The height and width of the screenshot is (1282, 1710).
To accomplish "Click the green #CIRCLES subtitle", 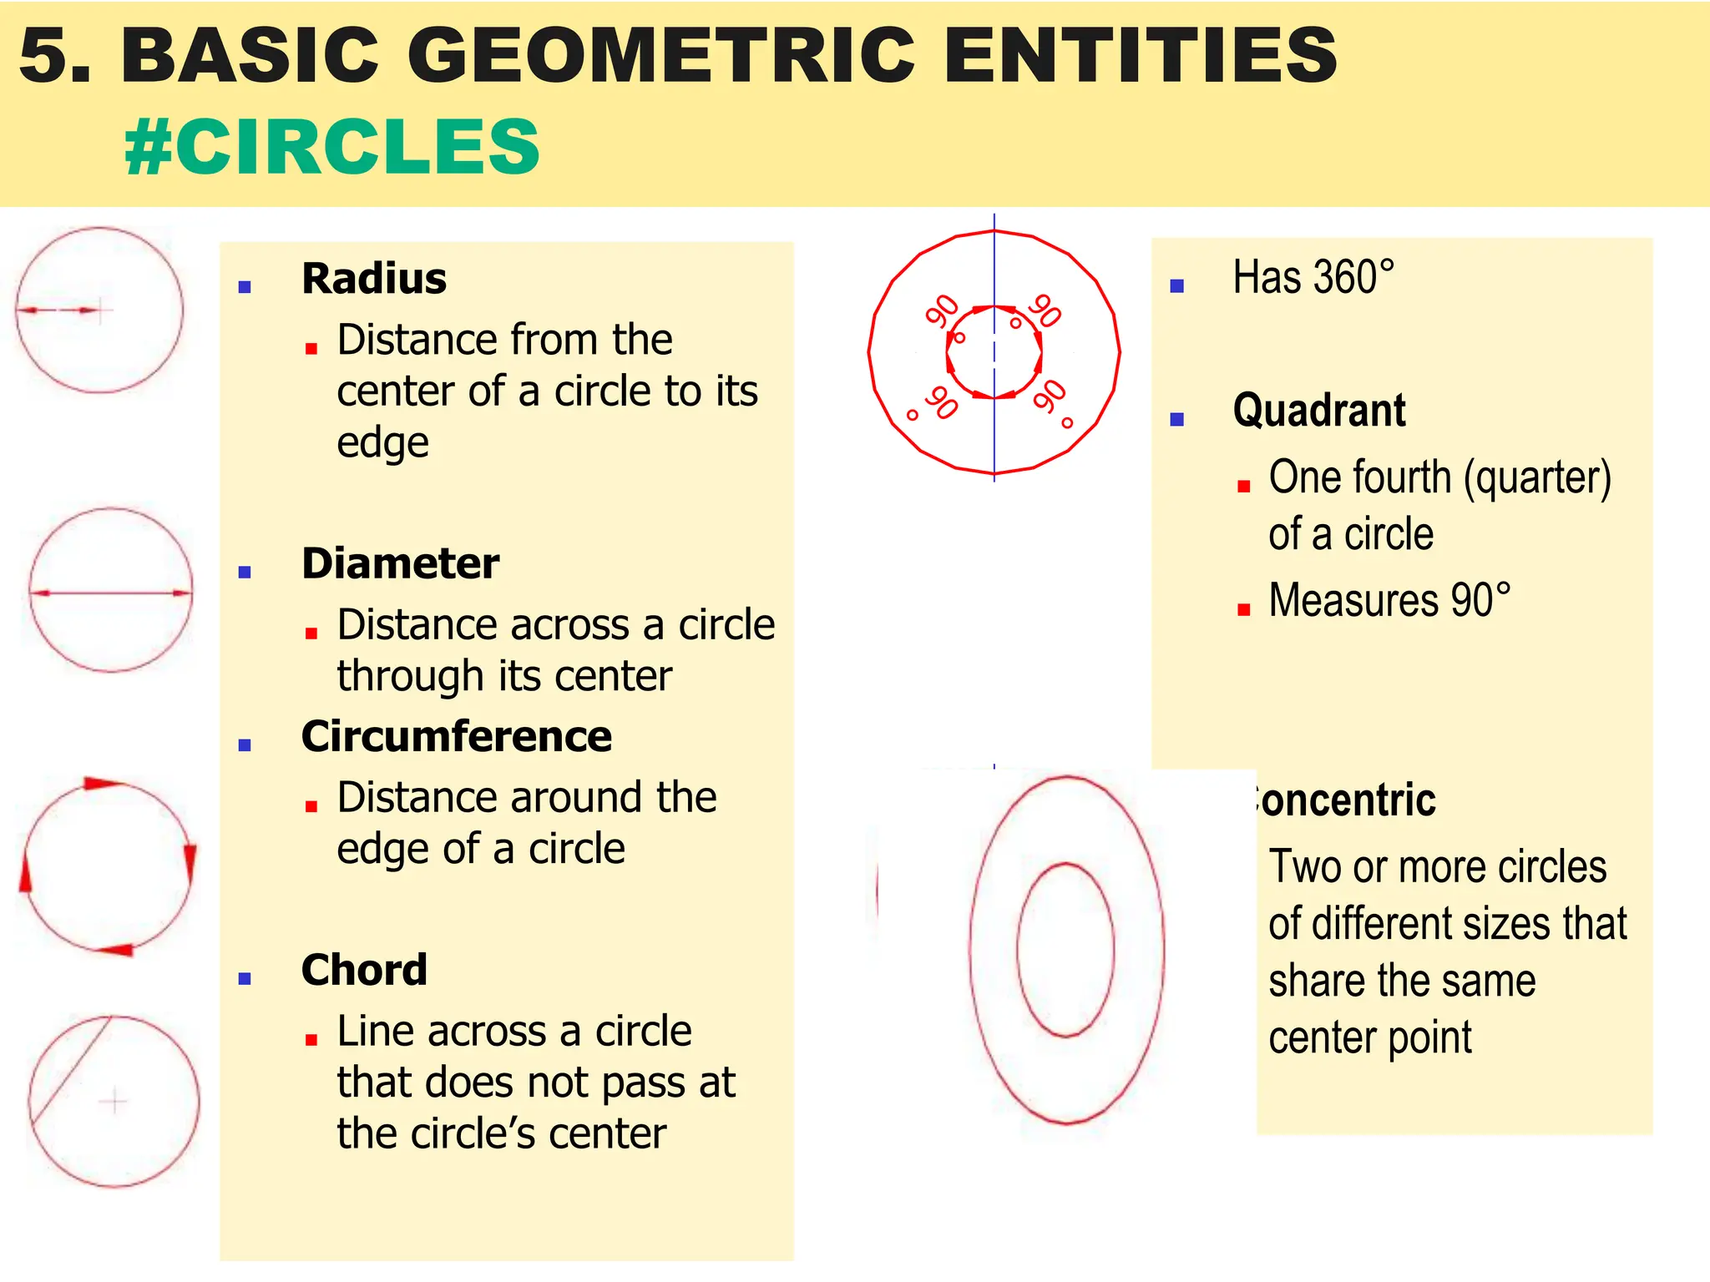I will click(x=332, y=147).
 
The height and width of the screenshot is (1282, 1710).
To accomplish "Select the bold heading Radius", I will click(x=374, y=279).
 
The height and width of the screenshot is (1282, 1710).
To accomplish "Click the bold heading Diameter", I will click(x=401, y=563).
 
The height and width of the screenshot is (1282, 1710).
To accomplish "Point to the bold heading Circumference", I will click(x=457, y=736).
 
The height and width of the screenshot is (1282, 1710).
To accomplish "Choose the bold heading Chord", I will click(x=364, y=970).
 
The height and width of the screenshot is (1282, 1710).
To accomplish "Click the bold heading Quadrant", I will click(x=1319, y=411).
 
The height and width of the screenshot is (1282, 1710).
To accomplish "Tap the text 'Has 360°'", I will click(x=1313, y=277).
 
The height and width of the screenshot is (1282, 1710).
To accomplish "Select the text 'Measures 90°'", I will click(x=1389, y=600).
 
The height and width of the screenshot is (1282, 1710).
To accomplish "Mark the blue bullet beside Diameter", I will click(x=245, y=572).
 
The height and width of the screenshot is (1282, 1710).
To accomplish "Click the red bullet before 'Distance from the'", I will click(x=311, y=349).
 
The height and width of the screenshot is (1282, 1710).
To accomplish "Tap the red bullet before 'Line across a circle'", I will click(x=311, y=1040).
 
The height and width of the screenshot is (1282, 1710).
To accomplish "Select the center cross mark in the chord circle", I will click(x=114, y=1102).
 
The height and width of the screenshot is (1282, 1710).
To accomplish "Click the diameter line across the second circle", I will click(x=110, y=593).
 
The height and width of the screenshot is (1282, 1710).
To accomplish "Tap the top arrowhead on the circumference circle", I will click(x=102, y=783).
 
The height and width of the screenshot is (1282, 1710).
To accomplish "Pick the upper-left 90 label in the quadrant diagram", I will click(x=942, y=311).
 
